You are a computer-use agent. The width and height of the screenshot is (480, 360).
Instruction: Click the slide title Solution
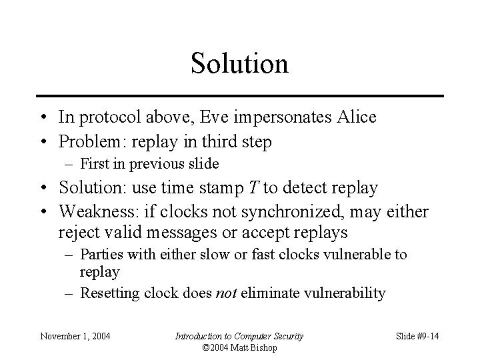[239, 63]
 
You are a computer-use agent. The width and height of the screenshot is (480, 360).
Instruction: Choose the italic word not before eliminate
[229, 293]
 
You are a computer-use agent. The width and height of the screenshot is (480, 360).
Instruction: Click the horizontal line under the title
[239, 96]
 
